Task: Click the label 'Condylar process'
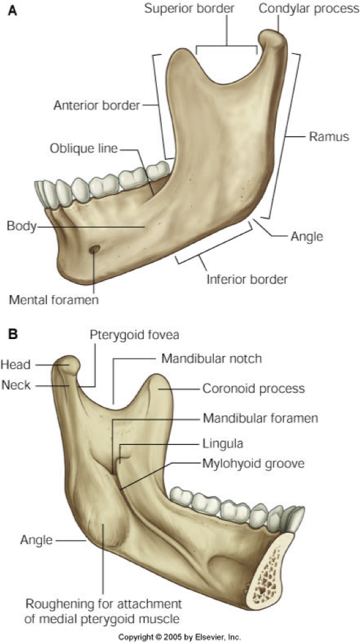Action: (x=309, y=9)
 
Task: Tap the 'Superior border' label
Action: (x=189, y=9)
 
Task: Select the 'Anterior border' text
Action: (x=97, y=105)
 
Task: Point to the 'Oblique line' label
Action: (x=84, y=148)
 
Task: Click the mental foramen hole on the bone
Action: (x=95, y=249)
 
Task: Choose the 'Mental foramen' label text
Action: (x=54, y=300)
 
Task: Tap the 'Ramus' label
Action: (x=329, y=137)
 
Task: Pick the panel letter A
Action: (x=13, y=11)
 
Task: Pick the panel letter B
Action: (x=13, y=334)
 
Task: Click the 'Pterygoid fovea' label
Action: (x=135, y=335)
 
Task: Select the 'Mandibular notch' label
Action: (x=211, y=358)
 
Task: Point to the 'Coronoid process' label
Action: (x=253, y=388)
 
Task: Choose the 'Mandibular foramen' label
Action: (x=260, y=419)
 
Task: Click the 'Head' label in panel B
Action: (x=16, y=365)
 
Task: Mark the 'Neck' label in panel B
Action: (x=16, y=385)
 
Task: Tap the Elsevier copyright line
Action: (x=180, y=637)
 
